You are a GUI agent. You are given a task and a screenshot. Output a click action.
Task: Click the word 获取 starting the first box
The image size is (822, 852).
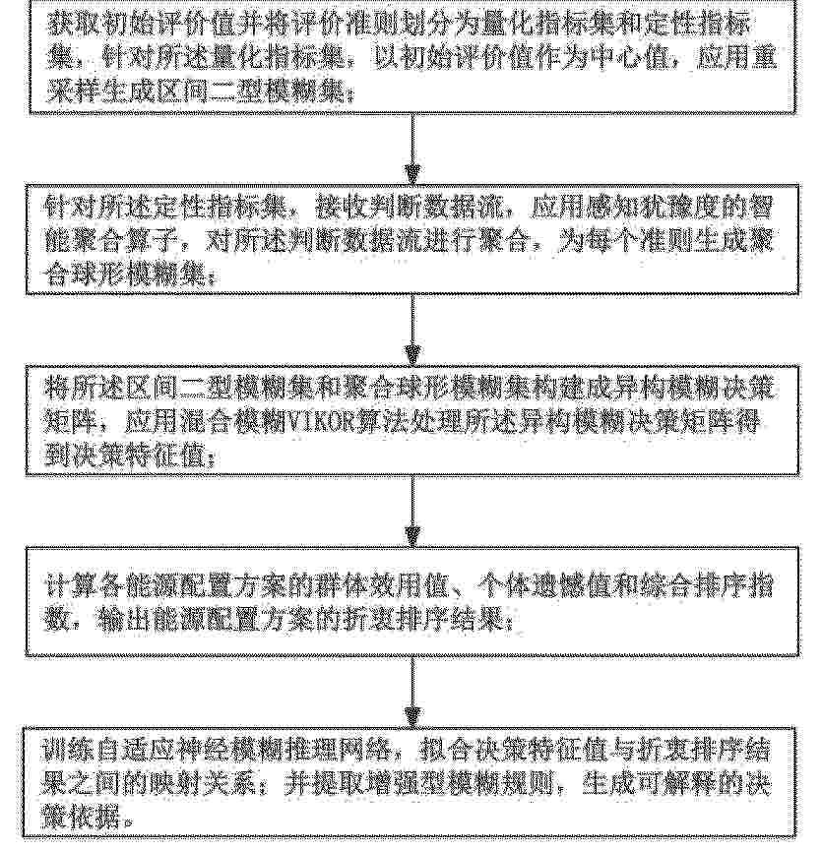tap(60, 23)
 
